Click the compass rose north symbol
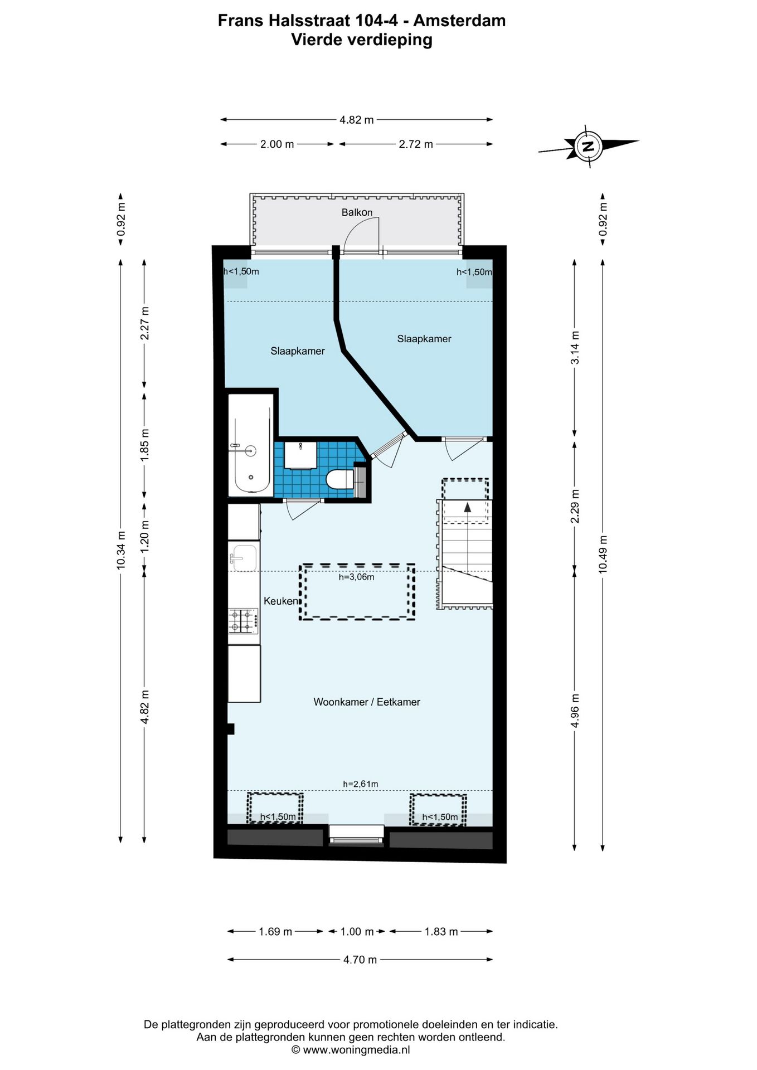pos(588,146)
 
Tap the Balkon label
pos(357,212)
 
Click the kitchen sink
pos(244,558)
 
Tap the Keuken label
pos(281,601)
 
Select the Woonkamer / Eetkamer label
pos(367,702)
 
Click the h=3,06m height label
pos(357,577)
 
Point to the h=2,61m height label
pos(361,784)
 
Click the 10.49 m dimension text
pos(603,554)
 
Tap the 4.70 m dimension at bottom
pos(360,959)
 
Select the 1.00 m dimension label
pos(357,931)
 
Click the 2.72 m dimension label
pos(416,144)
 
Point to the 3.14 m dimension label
pos(575,348)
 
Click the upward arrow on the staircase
pos(467,507)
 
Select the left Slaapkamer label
pos(298,351)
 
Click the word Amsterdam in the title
pos(459,21)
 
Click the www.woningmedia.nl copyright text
pos(351,1049)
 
